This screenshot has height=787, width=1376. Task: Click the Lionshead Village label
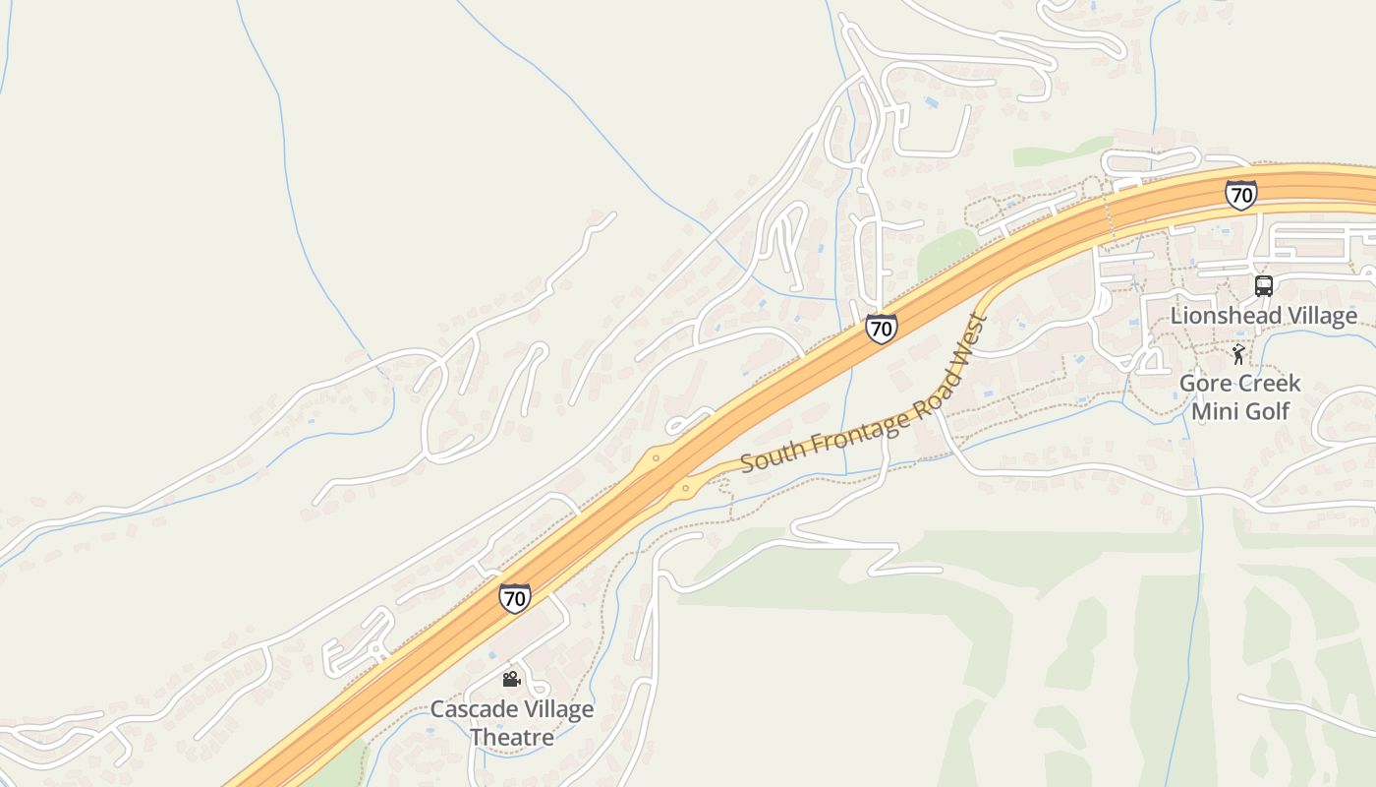coord(1263,316)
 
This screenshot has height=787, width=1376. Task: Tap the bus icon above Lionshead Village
coord(1264,286)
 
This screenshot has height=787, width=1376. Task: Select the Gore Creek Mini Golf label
coord(1239,396)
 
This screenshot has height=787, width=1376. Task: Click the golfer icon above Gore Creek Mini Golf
coord(1238,353)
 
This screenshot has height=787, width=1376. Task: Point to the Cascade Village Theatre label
coord(511,723)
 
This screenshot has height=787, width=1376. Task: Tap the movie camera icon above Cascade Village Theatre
coord(511,679)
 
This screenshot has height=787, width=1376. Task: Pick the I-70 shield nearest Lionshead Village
coord(1241,195)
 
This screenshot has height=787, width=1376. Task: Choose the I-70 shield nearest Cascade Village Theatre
coord(514,597)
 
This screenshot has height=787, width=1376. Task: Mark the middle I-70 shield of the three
coord(882,328)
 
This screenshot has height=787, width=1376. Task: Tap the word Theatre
coord(511,737)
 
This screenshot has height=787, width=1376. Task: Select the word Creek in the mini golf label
coord(1269,383)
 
